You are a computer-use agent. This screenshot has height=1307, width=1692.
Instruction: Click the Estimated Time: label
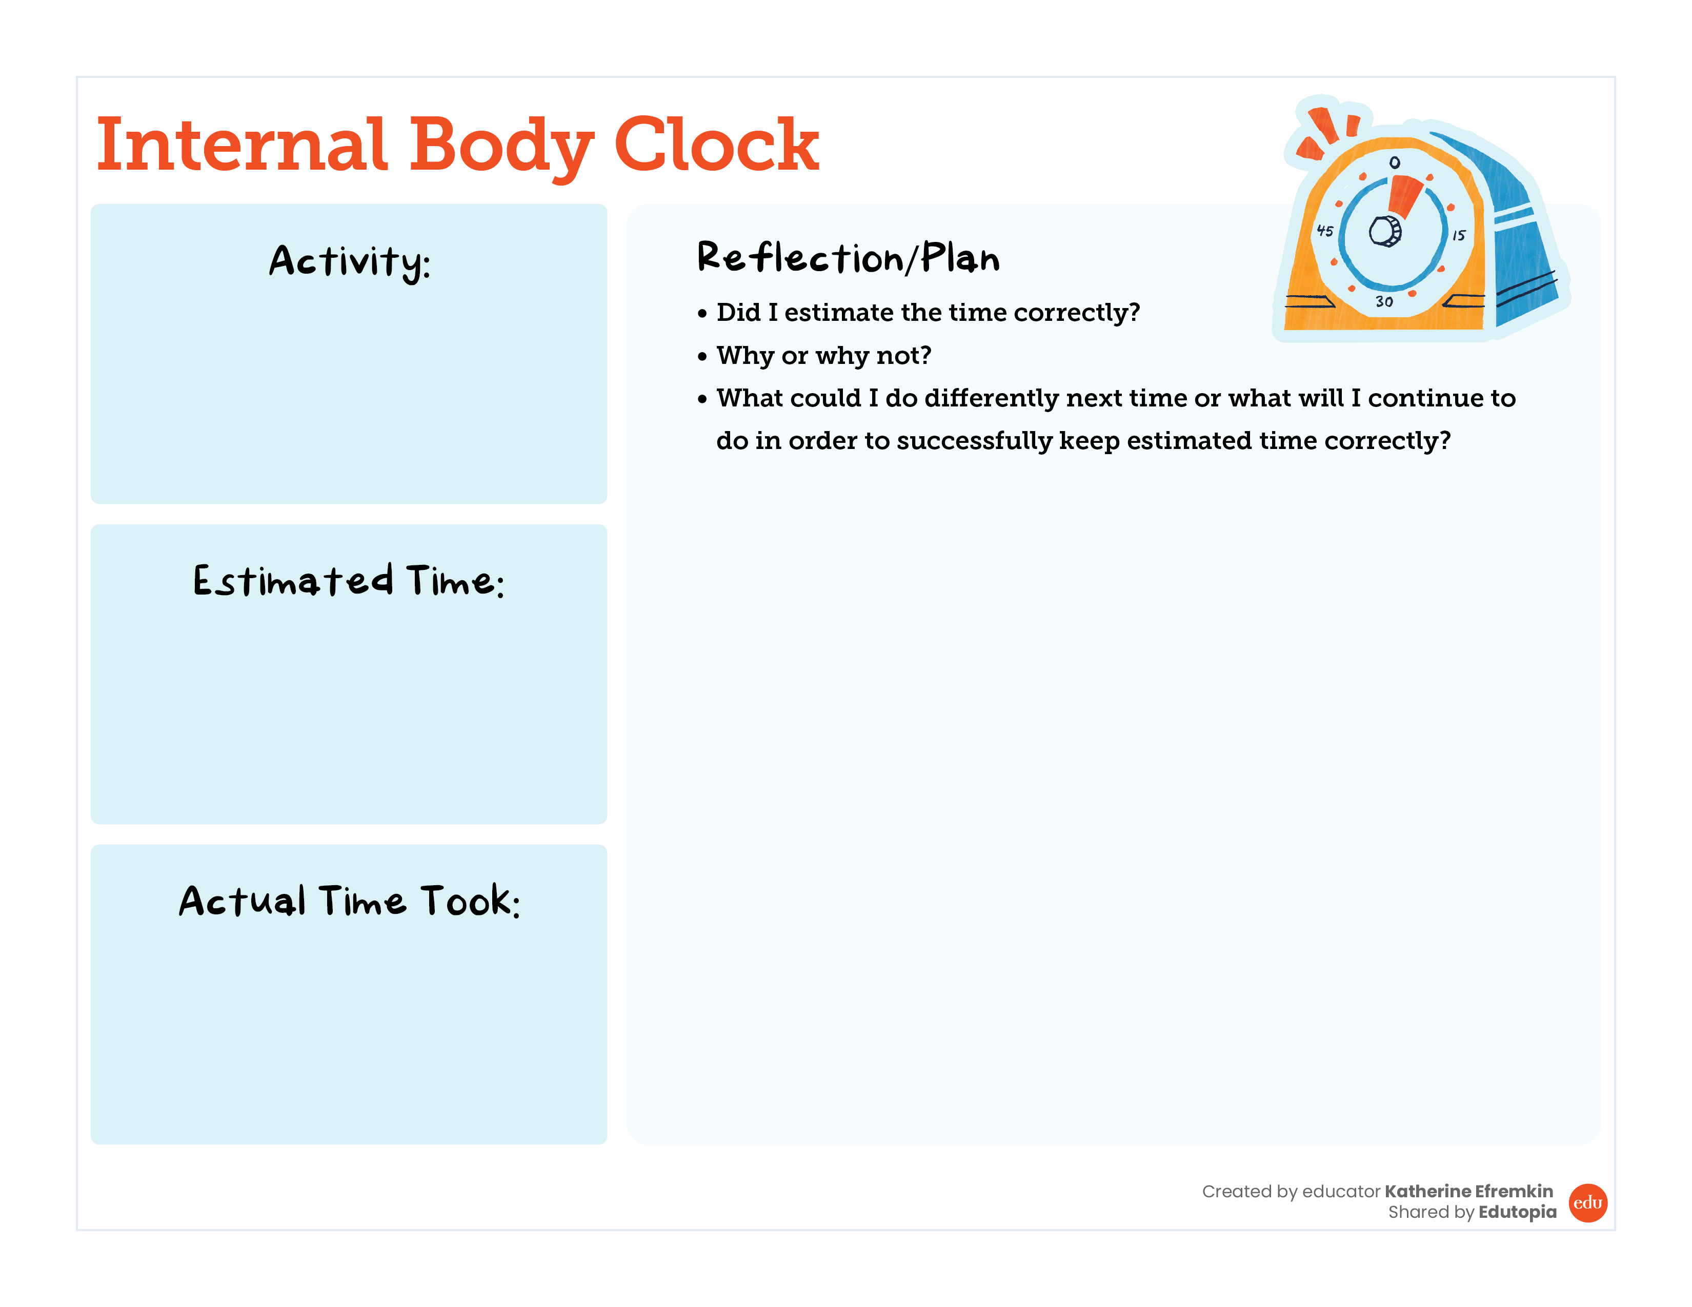point(349,581)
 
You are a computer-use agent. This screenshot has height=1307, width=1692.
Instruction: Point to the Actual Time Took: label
point(349,901)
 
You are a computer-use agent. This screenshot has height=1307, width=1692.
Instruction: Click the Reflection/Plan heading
point(849,257)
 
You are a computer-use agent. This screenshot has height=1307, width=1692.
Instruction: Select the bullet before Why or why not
point(702,356)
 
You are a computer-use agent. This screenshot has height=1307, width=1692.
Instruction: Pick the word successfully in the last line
point(975,441)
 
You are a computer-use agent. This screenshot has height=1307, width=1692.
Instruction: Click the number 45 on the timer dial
point(1325,231)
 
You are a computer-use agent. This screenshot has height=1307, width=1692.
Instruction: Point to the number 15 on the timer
point(1459,235)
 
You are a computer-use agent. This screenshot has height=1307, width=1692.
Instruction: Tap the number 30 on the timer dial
point(1384,301)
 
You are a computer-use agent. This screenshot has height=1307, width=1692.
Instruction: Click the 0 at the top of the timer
point(1395,162)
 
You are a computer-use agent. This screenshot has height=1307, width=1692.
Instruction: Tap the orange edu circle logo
point(1588,1202)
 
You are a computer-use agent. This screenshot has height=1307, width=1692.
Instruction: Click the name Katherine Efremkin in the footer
point(1469,1191)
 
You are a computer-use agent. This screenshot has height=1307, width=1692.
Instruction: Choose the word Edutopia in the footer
point(1518,1212)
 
